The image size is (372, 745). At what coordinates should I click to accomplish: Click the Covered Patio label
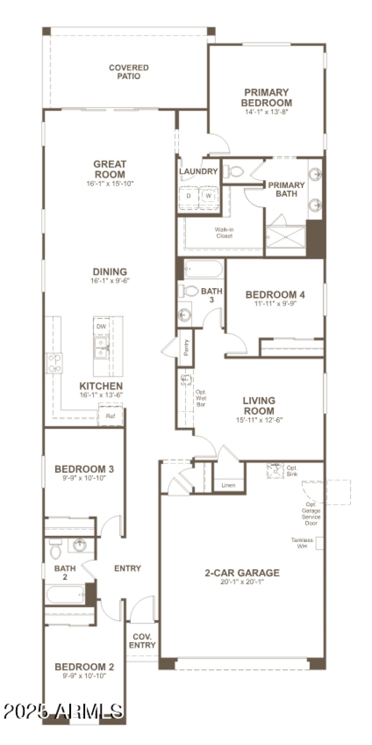pyautogui.click(x=129, y=72)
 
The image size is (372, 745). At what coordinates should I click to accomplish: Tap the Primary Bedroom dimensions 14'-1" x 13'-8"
pyautogui.click(x=267, y=112)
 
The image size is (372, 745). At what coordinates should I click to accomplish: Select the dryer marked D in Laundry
pyautogui.click(x=189, y=196)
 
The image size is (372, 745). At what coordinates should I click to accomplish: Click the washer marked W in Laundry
pyautogui.click(x=209, y=196)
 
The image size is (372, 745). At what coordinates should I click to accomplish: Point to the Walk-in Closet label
pyautogui.click(x=224, y=232)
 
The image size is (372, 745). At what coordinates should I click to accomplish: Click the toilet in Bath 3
pyautogui.click(x=189, y=291)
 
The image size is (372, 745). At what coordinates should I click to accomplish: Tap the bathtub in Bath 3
pyautogui.click(x=203, y=269)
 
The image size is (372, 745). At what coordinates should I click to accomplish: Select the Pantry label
pyautogui.click(x=186, y=348)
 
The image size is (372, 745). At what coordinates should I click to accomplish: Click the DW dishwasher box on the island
pyautogui.click(x=101, y=326)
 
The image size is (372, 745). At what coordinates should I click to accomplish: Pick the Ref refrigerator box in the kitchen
pyautogui.click(x=110, y=416)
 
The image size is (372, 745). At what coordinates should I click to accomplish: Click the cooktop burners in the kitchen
pyautogui.click(x=54, y=363)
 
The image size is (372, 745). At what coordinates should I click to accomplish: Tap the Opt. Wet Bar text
pyautogui.click(x=201, y=398)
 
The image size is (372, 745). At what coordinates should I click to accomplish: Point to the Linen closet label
pyautogui.click(x=228, y=485)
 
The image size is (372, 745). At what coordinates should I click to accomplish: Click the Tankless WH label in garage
pyautogui.click(x=302, y=543)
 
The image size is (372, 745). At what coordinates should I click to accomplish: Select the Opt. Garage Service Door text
pyautogui.click(x=311, y=514)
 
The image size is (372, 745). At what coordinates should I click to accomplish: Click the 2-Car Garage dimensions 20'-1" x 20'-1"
pyautogui.click(x=242, y=582)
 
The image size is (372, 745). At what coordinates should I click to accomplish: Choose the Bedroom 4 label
pyautogui.click(x=275, y=294)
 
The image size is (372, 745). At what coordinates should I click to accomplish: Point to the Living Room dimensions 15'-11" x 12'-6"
pyautogui.click(x=259, y=420)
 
